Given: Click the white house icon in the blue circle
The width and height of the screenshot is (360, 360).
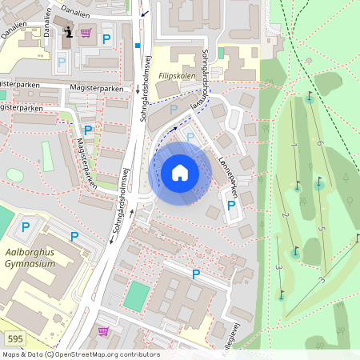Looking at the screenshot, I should point(179,173).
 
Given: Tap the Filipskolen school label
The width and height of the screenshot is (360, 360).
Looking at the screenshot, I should point(177,75).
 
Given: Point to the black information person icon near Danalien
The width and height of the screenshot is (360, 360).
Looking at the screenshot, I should point(68,32).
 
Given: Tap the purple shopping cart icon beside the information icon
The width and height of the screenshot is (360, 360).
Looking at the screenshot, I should point(85,33).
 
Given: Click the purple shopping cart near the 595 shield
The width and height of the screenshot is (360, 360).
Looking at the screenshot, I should point(103,330).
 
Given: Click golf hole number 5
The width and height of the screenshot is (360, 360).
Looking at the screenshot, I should point(322,229).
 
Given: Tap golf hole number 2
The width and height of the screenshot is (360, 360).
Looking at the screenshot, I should point(285,215).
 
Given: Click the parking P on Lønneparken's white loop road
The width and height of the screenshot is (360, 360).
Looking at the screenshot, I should point(231,206).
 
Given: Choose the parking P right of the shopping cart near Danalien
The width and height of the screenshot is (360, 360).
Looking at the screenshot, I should point(106,38).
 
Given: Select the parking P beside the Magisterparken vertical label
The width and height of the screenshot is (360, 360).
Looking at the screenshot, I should point(88,130).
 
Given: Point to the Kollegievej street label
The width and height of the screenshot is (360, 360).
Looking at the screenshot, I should point(235,336).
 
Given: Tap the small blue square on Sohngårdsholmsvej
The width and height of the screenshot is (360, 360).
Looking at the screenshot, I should point(138,46).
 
